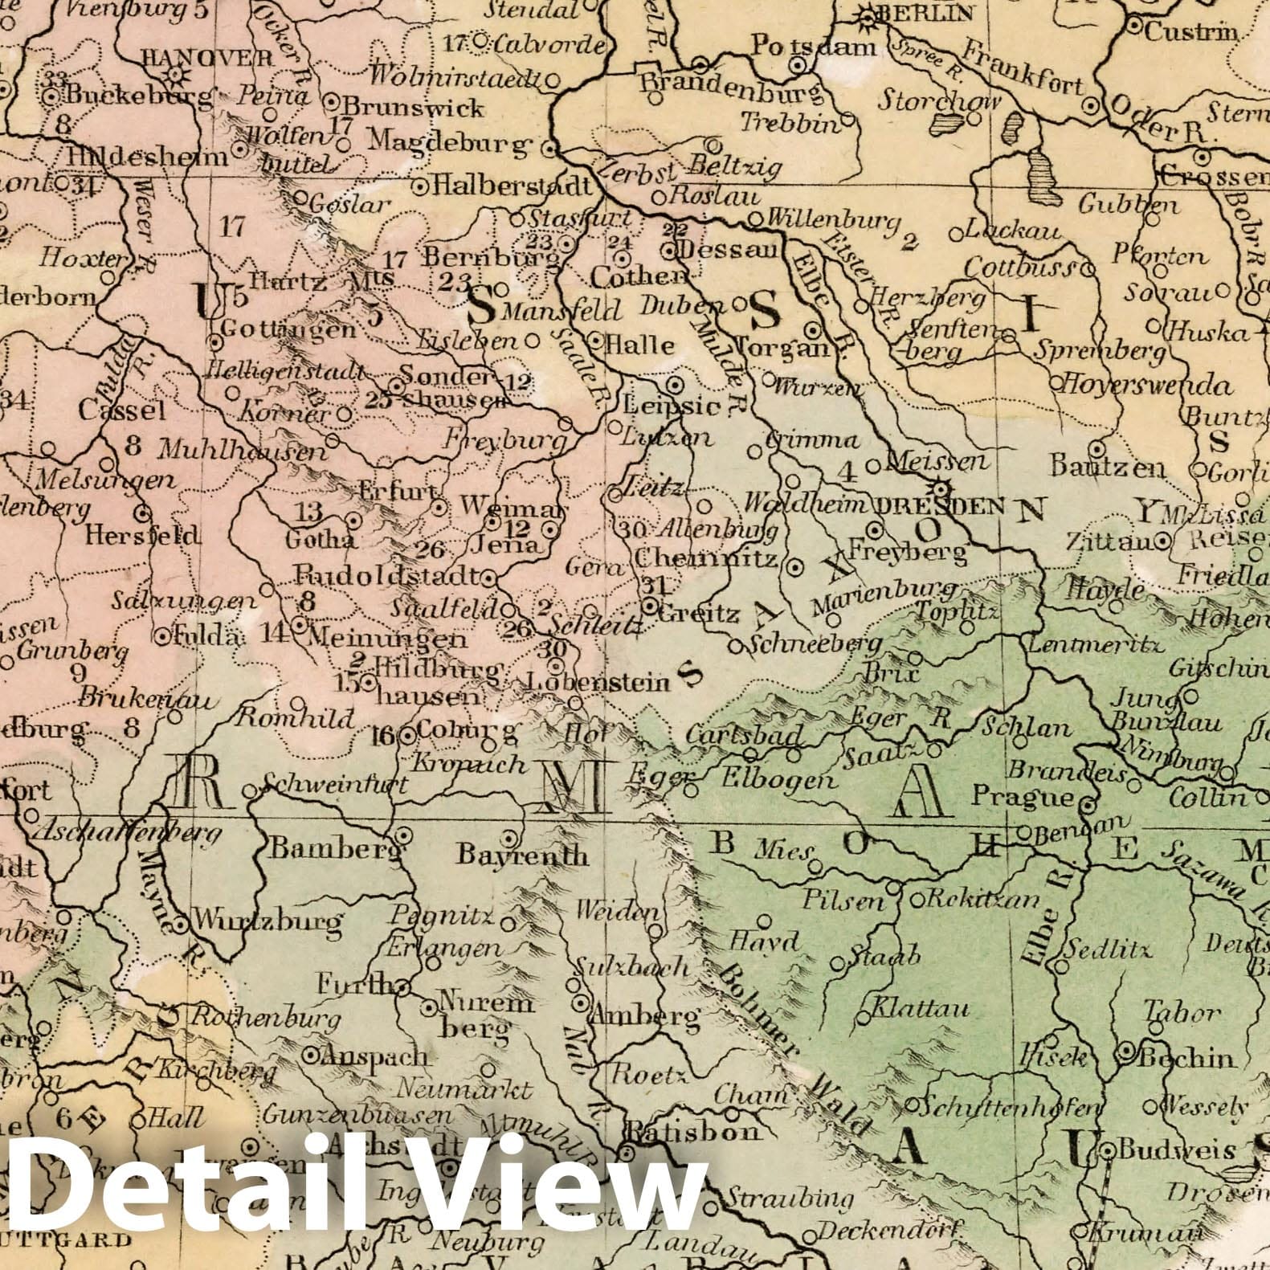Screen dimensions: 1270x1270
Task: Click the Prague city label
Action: point(1022,797)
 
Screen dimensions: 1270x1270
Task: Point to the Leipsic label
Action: point(672,406)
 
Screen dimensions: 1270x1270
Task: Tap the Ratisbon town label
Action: point(692,1133)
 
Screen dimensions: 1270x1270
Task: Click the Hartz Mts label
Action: point(321,281)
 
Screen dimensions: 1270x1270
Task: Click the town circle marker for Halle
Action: point(595,340)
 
